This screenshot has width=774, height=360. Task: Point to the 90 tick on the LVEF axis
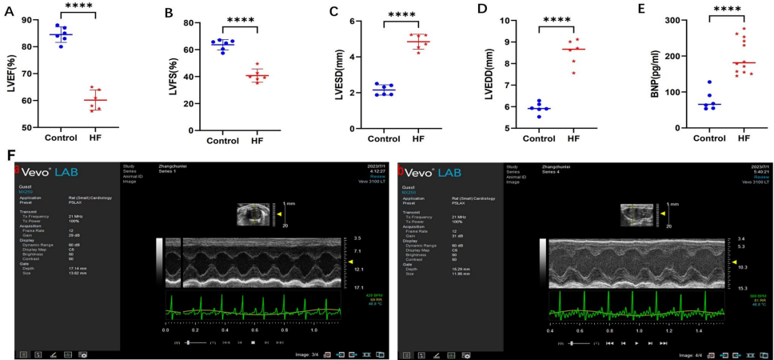point(32,19)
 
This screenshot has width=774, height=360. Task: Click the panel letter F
point(10,154)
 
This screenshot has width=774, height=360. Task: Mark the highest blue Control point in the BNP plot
point(708,82)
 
